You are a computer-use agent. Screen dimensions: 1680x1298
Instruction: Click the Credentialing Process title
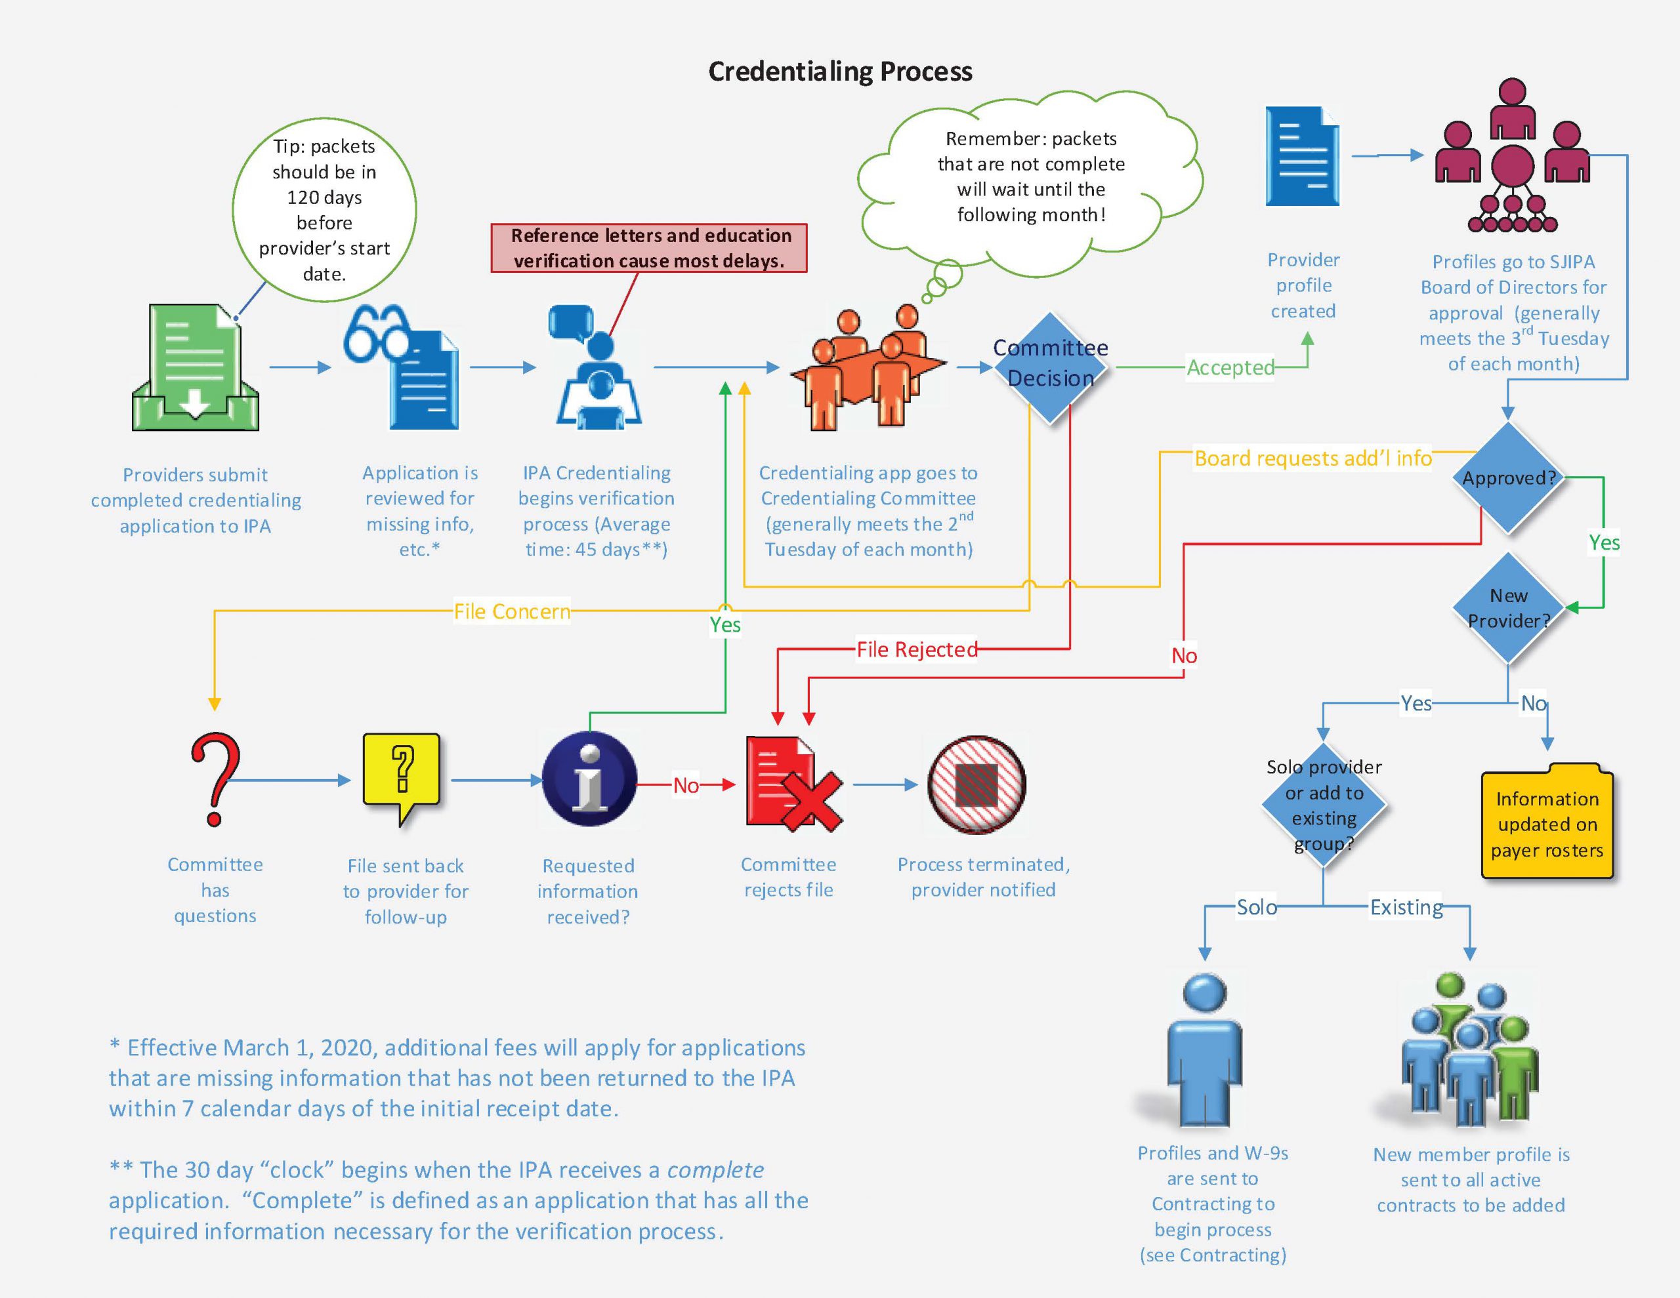click(840, 71)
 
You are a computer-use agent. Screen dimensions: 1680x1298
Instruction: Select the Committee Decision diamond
click(1050, 367)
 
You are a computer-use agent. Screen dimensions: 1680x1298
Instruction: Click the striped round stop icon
click(977, 784)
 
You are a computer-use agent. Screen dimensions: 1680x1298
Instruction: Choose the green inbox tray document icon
click(196, 367)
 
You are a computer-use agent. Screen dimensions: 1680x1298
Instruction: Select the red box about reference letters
click(649, 248)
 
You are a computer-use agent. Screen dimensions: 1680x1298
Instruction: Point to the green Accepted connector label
click(1230, 367)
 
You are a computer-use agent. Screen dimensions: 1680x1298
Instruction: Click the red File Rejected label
click(917, 649)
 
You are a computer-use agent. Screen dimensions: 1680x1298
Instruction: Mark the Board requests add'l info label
click(1313, 458)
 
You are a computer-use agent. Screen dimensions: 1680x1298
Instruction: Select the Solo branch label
click(1257, 906)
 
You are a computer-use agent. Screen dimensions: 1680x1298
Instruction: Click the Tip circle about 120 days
click(325, 209)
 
